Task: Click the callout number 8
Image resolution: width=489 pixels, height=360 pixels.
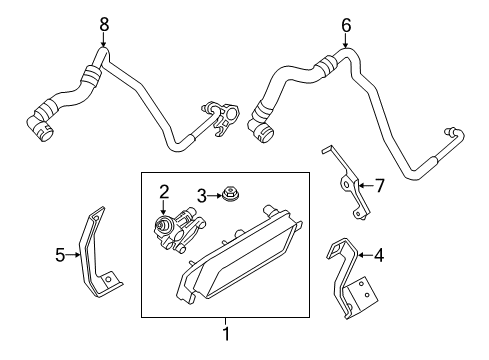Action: pos(104,25)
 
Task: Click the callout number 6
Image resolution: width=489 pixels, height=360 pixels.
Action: pos(346,25)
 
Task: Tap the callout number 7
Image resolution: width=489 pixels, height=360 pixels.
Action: pos(380,186)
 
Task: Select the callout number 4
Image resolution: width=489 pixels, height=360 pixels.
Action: pos(379,256)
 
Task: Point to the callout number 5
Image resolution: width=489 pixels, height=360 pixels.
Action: pos(60,255)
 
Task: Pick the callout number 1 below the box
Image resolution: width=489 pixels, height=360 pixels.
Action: pos(226,333)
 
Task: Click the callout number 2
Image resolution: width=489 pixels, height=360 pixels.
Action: pos(164,192)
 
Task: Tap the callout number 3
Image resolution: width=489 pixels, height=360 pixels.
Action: pos(202,196)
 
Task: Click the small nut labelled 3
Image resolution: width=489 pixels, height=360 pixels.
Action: pos(231,193)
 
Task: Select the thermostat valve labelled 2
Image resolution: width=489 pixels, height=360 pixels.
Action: pos(178,229)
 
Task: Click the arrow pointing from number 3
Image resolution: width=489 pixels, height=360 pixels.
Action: pos(215,196)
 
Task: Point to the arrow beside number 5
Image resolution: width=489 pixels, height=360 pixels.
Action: pos(72,255)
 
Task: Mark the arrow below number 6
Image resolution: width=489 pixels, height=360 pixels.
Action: pos(346,41)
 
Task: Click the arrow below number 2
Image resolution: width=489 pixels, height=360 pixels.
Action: pos(163,207)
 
